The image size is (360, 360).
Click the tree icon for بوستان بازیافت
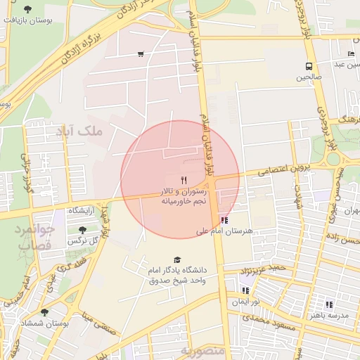[x=27, y=9]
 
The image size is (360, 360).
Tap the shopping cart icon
[x=141, y=54]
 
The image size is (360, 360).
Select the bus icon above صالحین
[x=309, y=67]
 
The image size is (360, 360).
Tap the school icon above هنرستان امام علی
[x=224, y=219]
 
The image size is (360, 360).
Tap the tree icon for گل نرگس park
[x=83, y=230]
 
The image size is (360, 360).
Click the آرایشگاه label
[x=82, y=211]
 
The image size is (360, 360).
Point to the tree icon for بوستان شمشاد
[x=44, y=311]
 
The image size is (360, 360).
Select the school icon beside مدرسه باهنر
[x=328, y=304]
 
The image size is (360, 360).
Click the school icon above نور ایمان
[x=245, y=290]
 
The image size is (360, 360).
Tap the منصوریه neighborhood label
[x=201, y=349]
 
